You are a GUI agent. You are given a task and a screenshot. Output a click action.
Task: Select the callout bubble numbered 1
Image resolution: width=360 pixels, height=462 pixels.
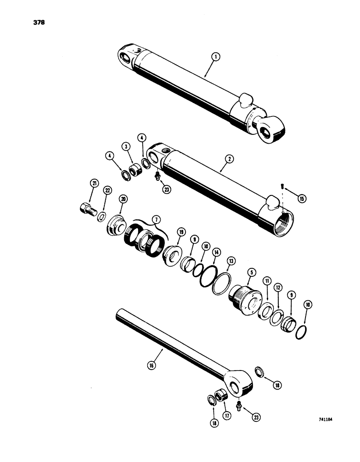tap(216, 58)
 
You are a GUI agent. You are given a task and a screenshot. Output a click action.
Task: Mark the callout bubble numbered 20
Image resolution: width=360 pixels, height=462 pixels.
tap(123, 198)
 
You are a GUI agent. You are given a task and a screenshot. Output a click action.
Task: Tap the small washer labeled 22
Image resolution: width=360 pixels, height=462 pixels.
tap(101, 217)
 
